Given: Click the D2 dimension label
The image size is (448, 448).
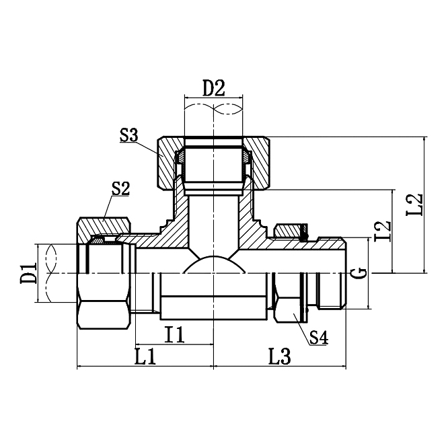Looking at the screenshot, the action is [213, 88].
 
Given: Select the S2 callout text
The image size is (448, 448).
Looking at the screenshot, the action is [120, 188].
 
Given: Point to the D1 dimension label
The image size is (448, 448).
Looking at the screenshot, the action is [28, 273].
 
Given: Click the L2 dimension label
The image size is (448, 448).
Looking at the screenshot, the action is [414, 205].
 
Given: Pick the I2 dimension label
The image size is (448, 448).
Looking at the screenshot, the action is [383, 231].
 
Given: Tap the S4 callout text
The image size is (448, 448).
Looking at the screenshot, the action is [319, 338].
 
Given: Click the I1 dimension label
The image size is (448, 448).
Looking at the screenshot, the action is [174, 334].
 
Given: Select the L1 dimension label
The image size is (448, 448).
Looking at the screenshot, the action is [145, 357].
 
